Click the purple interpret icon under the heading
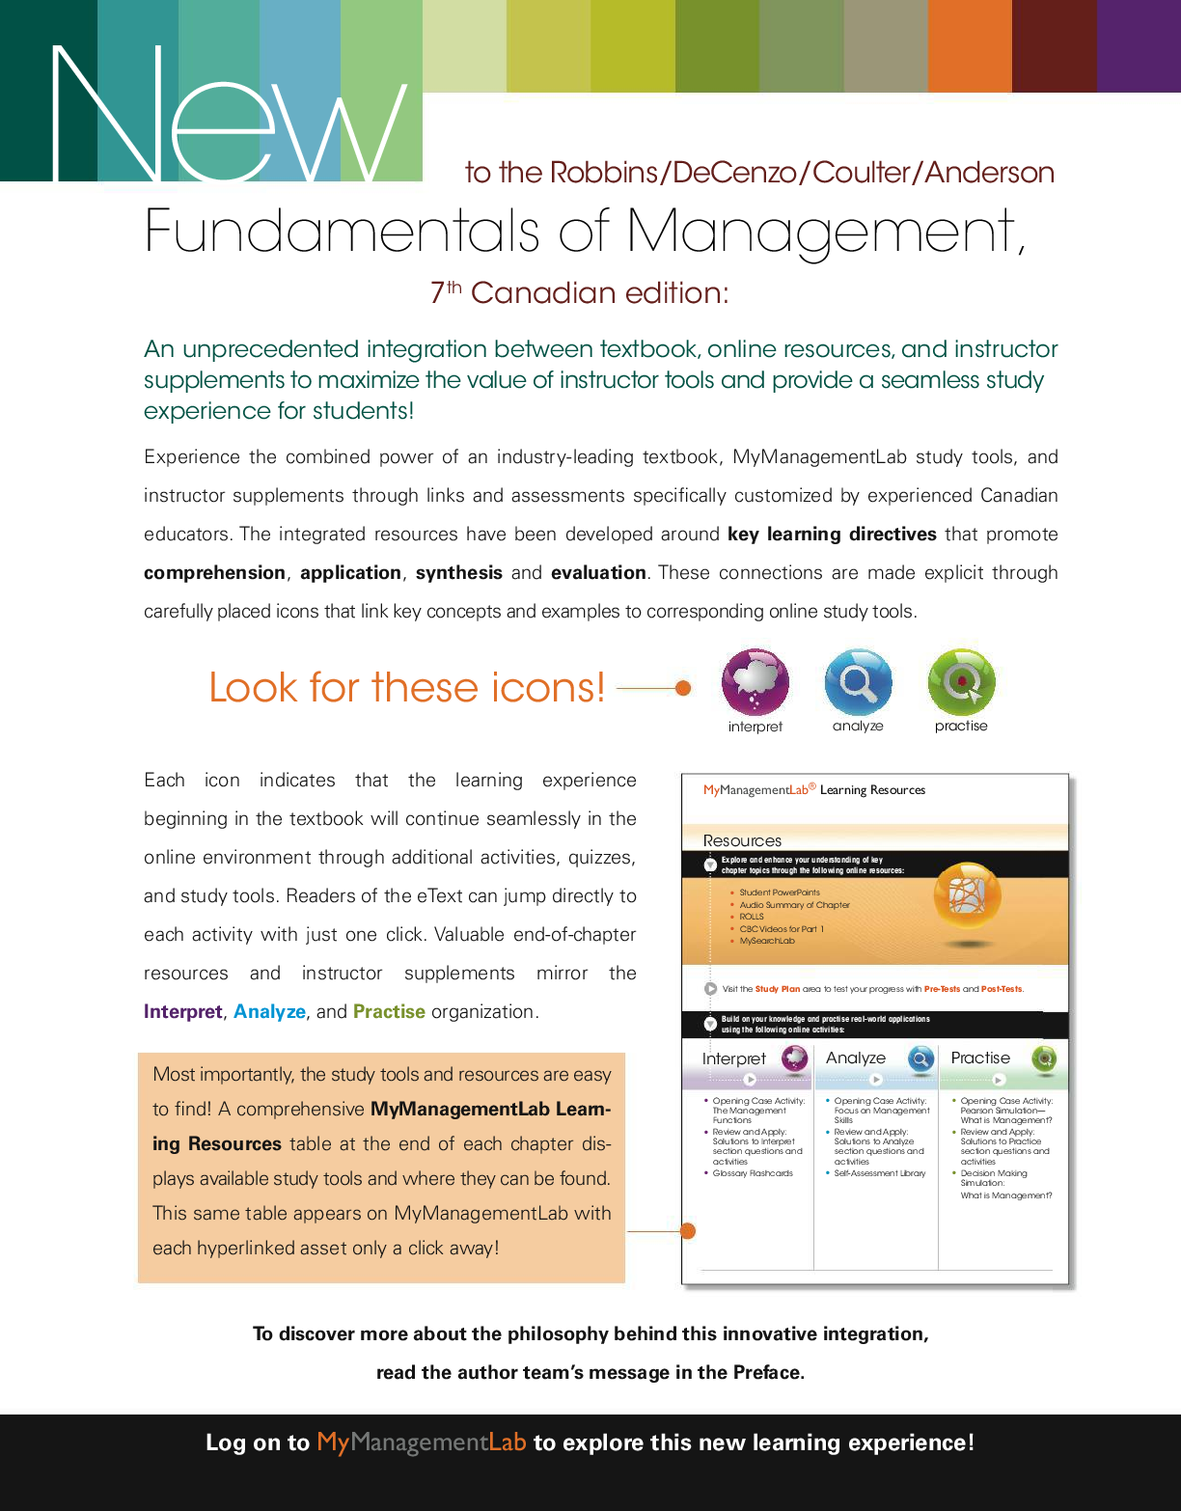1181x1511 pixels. [755, 681]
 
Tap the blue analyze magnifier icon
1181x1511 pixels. [858, 681]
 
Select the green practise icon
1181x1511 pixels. [961, 681]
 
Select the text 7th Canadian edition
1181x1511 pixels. [580, 292]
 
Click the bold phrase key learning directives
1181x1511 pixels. [832, 535]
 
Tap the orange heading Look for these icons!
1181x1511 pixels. [407, 688]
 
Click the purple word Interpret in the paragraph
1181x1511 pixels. [183, 1012]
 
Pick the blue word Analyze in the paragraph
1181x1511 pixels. [269, 1012]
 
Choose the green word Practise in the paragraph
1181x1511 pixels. [389, 1012]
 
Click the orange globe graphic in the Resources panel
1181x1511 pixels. [967, 897]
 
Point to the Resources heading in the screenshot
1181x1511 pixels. [742, 840]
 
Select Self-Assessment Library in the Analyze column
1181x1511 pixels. [879, 1173]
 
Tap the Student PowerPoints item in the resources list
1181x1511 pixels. [780, 893]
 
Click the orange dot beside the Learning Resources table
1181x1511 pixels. [688, 1231]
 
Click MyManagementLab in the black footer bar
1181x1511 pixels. [421, 1442]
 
